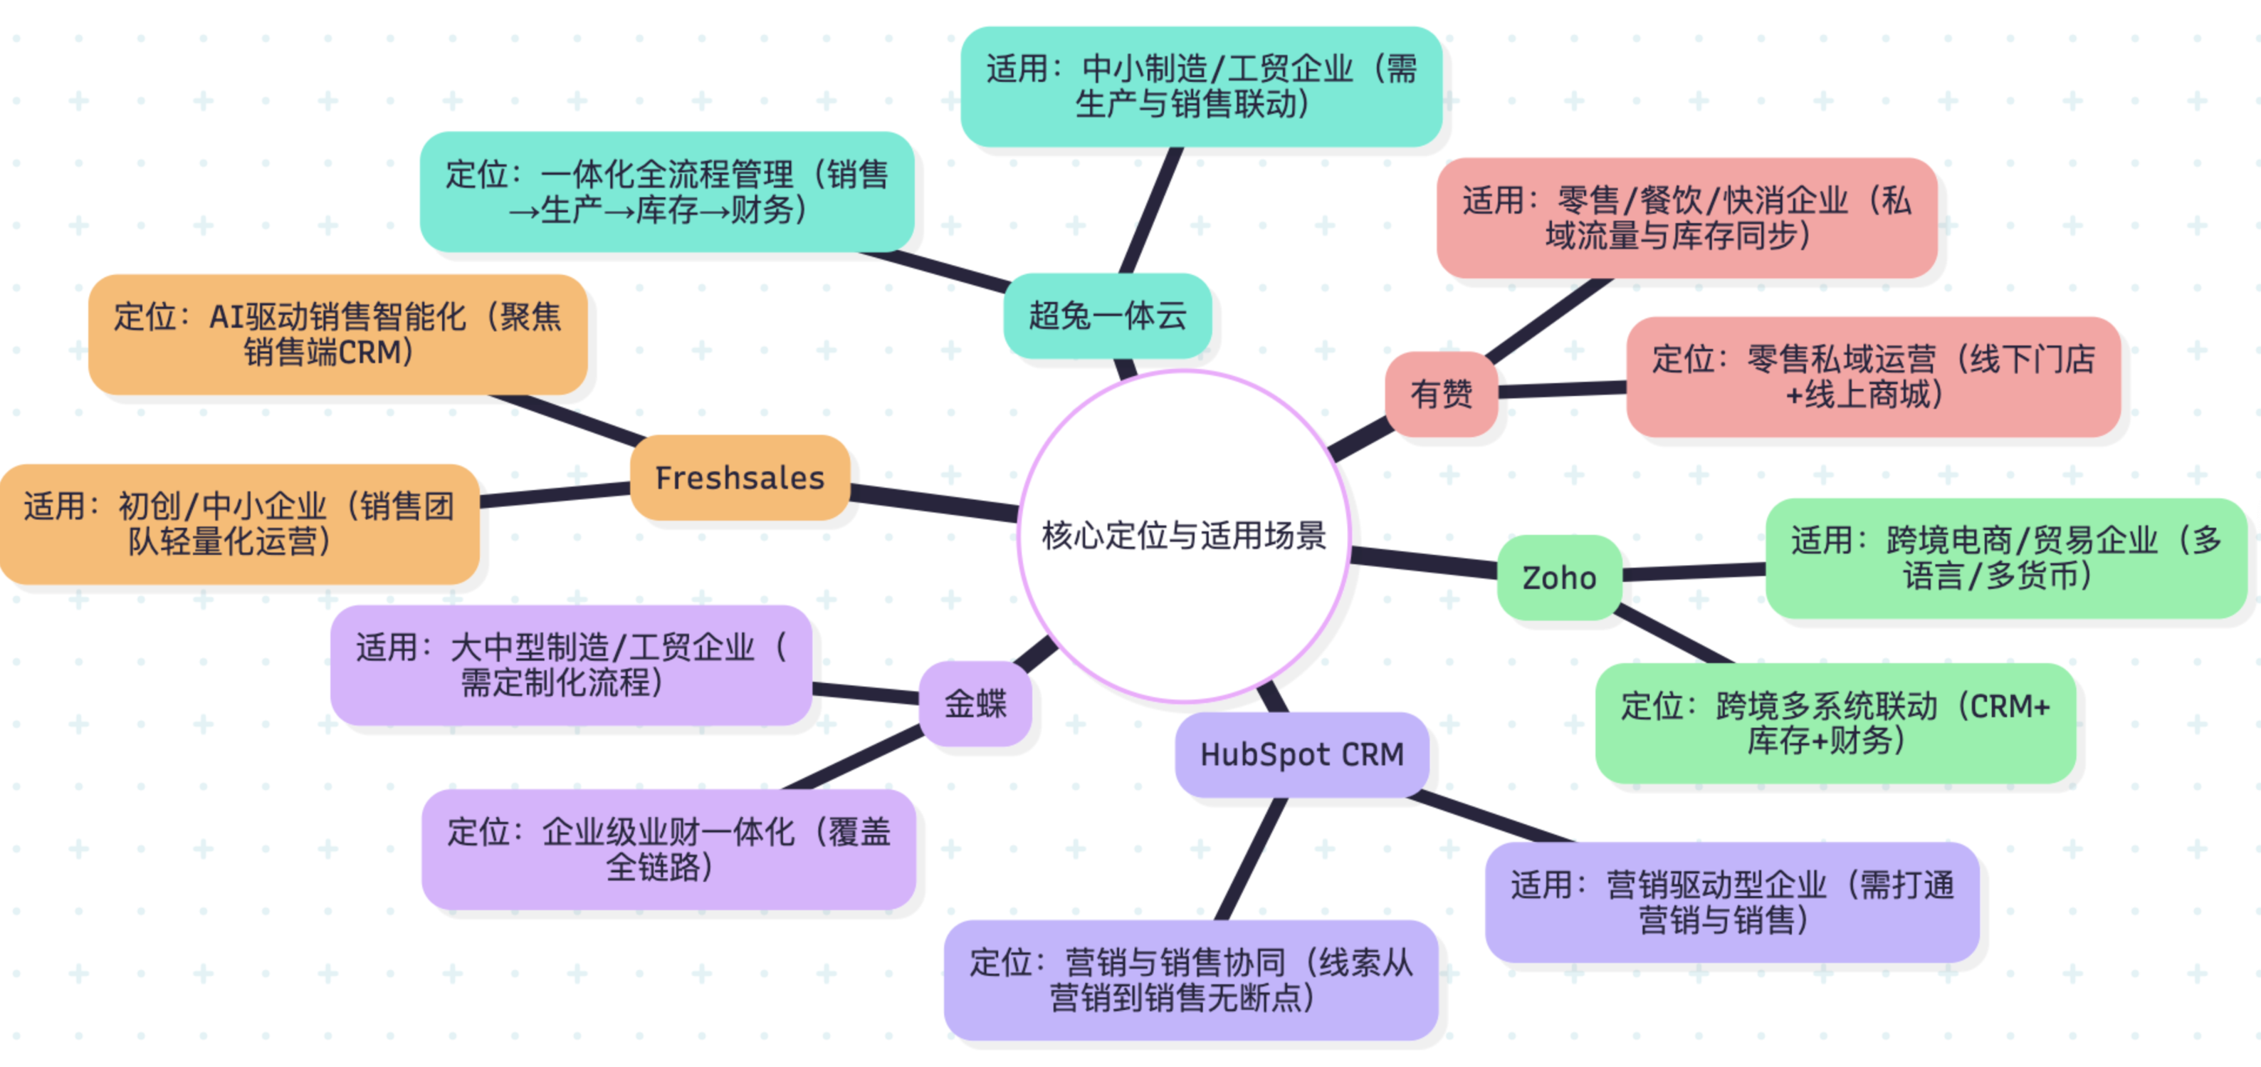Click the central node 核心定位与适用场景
tap(1183, 536)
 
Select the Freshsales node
tap(740, 478)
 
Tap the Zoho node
tap(1559, 578)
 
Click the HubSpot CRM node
tap(1301, 755)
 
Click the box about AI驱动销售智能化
tap(338, 335)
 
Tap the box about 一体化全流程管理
tap(667, 192)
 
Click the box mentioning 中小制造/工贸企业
tap(1201, 86)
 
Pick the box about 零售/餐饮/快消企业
tap(1686, 218)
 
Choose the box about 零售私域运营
tap(1873, 377)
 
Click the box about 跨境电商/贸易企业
tap(2005, 558)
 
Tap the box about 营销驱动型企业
tap(1732, 902)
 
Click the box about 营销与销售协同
tap(1190, 980)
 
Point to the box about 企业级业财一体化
tap(668, 849)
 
